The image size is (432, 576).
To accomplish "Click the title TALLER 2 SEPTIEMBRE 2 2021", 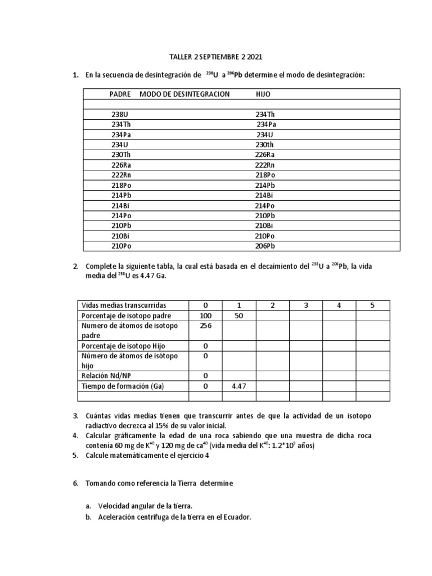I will (x=215, y=57).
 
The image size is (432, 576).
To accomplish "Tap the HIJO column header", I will (x=263, y=94).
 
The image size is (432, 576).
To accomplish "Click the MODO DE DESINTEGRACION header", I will (x=184, y=94).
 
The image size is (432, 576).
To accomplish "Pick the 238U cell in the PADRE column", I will (x=120, y=114).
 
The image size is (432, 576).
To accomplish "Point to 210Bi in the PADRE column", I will (x=121, y=236).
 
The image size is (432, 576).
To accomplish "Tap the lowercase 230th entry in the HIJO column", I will (x=265, y=144).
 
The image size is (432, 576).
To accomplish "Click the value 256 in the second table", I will (x=206, y=326).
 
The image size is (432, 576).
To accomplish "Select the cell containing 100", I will (x=206, y=316).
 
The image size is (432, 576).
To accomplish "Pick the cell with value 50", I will (x=239, y=316).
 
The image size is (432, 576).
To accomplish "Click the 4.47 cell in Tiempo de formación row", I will (x=239, y=386).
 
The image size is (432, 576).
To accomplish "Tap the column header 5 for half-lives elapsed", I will (x=372, y=305).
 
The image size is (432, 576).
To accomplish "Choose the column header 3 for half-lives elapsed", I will (x=305, y=305).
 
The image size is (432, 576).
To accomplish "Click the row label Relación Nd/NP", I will (x=109, y=376).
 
